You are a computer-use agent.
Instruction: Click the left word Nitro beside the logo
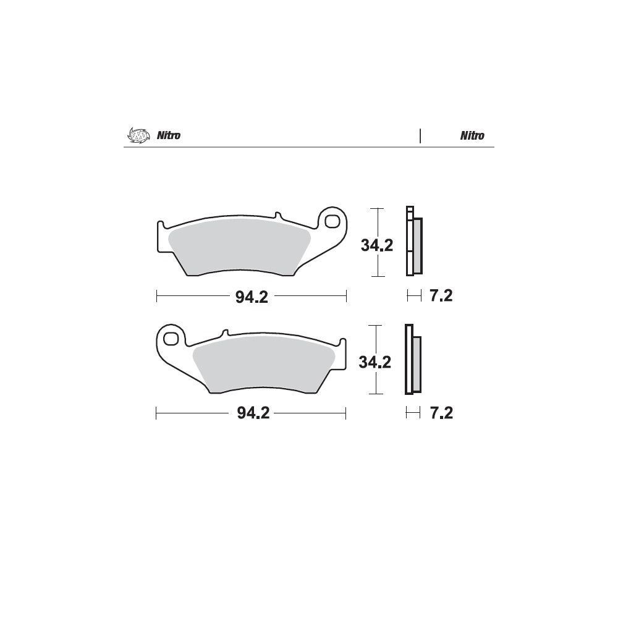point(167,136)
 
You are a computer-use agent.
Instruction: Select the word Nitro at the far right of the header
point(472,136)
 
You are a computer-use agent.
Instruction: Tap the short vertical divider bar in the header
point(420,136)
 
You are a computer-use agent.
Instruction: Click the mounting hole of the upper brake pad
point(332,221)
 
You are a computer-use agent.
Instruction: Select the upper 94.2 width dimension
point(251,297)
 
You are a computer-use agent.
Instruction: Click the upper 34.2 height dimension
point(377,245)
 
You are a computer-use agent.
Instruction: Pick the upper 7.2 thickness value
point(441,297)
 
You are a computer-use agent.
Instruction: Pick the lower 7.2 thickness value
point(441,413)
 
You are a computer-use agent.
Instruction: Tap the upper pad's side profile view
point(413,241)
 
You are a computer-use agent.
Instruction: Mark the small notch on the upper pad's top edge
point(277,216)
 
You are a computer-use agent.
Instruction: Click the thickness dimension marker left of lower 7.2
point(413,413)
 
